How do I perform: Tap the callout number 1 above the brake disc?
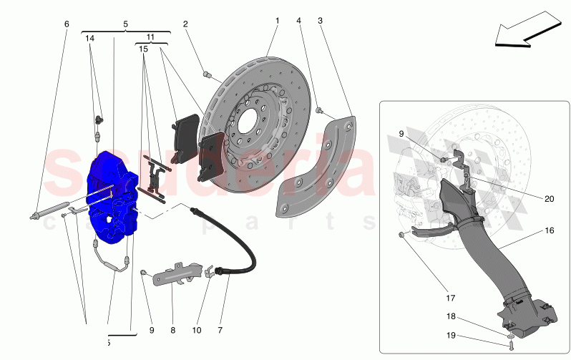(x=277, y=21)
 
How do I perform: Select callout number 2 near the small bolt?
(x=185, y=24)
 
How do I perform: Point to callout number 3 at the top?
(x=320, y=21)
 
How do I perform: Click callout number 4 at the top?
(x=298, y=21)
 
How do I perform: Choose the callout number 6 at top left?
(x=67, y=24)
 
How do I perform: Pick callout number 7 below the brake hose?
(x=220, y=331)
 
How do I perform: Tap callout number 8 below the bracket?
(x=172, y=331)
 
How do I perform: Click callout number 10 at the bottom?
(x=197, y=331)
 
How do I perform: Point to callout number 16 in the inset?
(x=550, y=232)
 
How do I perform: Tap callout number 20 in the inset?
(x=550, y=200)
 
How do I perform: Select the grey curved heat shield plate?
(x=315, y=168)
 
